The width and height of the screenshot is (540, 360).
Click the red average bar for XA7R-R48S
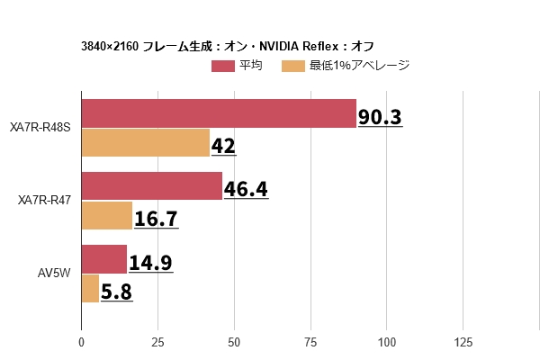(219, 114)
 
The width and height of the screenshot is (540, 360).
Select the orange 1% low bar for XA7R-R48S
(146, 143)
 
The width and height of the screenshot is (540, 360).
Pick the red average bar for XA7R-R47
(151, 186)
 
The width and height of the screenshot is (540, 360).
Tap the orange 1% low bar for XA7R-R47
(107, 215)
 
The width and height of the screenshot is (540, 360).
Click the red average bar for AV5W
(104, 259)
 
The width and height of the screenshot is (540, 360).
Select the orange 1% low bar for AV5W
(90, 288)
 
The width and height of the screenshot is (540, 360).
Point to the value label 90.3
(380, 118)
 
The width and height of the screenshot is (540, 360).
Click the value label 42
(223, 147)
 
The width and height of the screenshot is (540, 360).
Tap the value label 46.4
(246, 190)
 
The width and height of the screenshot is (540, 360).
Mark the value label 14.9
(150, 263)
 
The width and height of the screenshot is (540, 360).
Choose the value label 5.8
(117, 292)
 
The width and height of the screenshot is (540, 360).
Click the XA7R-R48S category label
(40, 129)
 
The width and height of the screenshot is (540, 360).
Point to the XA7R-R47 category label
(44, 201)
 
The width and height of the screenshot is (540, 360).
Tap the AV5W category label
(54, 274)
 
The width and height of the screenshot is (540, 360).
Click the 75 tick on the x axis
(310, 342)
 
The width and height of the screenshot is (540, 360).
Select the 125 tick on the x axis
(463, 342)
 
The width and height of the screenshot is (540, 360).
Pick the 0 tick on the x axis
(82, 342)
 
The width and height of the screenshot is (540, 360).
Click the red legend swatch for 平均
(223, 66)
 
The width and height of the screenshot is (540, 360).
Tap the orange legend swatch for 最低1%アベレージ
(293, 66)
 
